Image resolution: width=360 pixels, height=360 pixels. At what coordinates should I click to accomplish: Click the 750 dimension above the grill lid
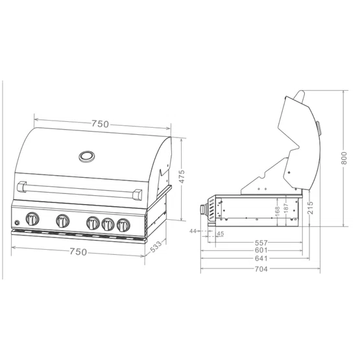(x=100, y=124)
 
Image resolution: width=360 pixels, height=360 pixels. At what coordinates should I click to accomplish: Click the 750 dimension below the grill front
(x=78, y=252)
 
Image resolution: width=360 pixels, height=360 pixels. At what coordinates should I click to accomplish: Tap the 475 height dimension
(x=182, y=176)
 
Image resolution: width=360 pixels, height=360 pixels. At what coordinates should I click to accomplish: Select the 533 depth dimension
(x=156, y=246)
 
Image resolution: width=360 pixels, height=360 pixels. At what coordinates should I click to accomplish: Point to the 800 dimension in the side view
(x=344, y=158)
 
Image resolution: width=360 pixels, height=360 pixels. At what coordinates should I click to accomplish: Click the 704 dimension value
(x=261, y=269)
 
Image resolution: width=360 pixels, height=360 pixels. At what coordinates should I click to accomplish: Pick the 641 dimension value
(x=261, y=259)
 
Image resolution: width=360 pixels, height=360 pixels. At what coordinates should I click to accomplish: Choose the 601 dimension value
(x=261, y=250)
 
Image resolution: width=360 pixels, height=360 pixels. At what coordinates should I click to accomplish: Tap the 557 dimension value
(x=261, y=243)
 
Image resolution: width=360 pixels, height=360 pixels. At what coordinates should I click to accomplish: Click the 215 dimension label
(x=310, y=208)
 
